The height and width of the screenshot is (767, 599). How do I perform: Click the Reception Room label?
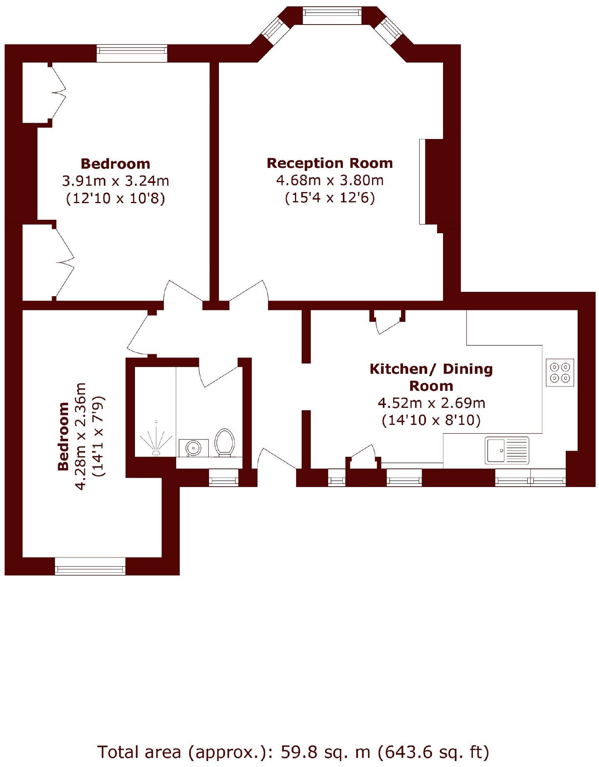tap(329, 163)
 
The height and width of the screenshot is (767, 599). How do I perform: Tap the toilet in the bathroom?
tap(225, 442)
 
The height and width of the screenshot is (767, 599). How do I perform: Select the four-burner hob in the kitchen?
tap(559, 372)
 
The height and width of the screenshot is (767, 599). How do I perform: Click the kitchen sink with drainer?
tap(507, 450)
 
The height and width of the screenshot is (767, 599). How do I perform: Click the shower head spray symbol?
tap(156, 440)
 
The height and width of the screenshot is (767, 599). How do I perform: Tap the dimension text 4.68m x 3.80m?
tap(329, 180)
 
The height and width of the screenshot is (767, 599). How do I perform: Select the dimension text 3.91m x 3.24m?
tap(115, 181)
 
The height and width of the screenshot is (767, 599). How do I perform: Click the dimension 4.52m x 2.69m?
tap(431, 403)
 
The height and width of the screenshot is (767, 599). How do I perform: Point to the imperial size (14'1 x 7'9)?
tap(98, 436)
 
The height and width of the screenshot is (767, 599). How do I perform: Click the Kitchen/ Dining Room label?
tap(431, 377)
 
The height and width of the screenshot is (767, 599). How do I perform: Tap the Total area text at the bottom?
tap(293, 752)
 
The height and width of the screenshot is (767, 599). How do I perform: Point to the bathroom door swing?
tap(220, 374)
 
